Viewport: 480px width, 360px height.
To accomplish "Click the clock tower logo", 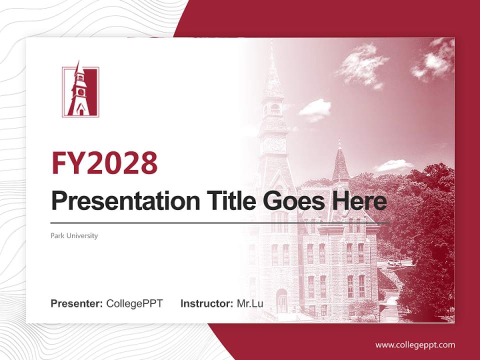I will coord(80,91).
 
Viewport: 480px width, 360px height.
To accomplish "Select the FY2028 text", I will coord(104,163).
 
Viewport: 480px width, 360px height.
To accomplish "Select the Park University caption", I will coord(74,235).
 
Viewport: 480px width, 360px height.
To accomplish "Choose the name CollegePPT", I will coord(134,303).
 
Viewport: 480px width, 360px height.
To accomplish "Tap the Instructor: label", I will coord(206,303).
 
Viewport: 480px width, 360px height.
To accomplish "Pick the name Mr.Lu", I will coord(250,303).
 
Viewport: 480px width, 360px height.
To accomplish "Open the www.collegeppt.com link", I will coord(415,344).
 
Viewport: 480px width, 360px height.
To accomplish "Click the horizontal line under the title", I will coord(220,223).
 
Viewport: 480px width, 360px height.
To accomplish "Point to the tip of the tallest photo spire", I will coord(272,43).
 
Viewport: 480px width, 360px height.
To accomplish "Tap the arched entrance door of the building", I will coord(282,300).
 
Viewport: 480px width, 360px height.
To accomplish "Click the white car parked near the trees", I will coord(394,262).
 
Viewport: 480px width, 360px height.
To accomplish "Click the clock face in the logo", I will coord(79,92).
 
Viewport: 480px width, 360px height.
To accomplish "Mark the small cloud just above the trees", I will coord(393,165).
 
